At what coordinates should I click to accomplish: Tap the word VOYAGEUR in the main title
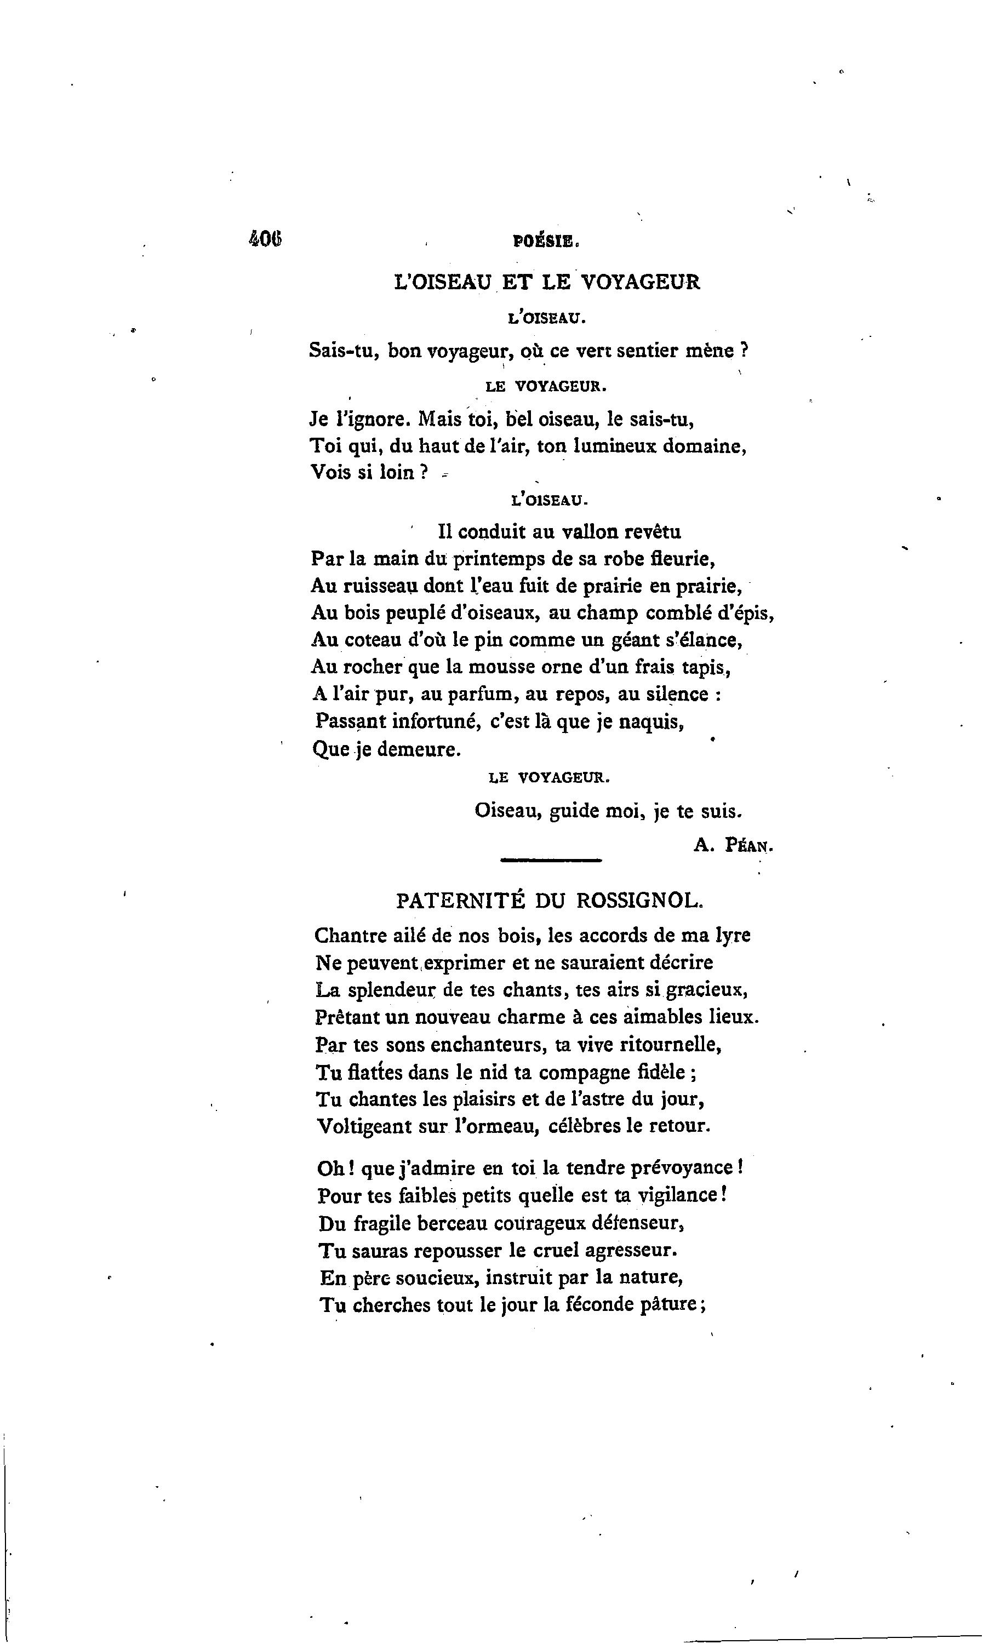tap(640, 283)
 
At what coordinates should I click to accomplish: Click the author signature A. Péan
tap(733, 845)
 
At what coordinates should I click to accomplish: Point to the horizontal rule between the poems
tap(551, 860)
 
